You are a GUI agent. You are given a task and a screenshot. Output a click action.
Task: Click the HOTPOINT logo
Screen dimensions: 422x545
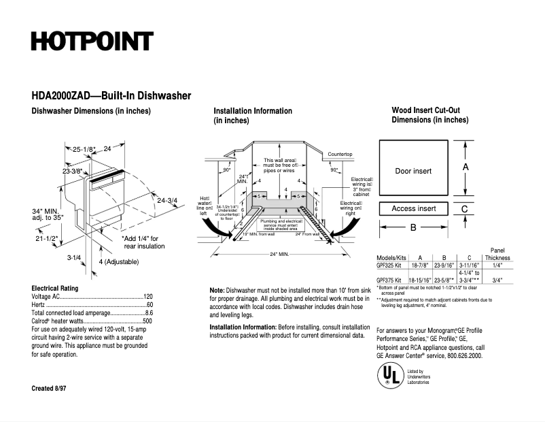pos(91,41)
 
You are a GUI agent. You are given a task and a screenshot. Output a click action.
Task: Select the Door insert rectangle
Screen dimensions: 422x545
pos(413,170)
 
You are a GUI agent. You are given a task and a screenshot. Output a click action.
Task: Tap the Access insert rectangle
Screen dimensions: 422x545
pos(413,209)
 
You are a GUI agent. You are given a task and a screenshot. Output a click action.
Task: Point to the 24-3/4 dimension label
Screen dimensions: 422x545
pos(167,200)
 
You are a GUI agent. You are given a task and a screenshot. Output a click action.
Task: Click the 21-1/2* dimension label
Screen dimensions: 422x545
pos(46,239)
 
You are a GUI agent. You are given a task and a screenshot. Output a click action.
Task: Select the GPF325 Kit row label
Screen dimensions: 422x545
pos(390,267)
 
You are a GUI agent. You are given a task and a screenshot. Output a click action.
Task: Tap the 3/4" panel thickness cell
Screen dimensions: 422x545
pos(497,280)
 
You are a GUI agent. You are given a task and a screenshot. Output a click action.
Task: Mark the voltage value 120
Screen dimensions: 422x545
pos(147,297)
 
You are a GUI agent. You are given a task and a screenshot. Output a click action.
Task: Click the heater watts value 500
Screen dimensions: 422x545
pos(147,321)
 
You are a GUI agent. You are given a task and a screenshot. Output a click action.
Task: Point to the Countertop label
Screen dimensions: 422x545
pos(340,155)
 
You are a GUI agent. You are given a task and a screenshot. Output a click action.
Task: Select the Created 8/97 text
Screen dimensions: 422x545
pos(51,388)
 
